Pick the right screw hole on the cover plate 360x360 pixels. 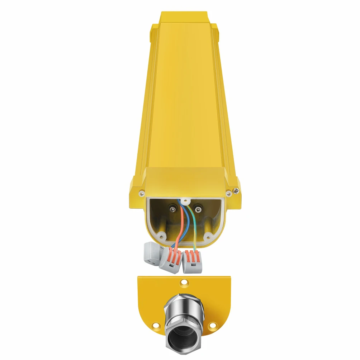coord(213,326)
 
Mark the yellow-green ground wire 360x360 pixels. coord(194,229)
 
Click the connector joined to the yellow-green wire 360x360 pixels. coord(192,261)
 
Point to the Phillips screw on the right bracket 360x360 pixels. coord(236,190)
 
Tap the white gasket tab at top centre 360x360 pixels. coord(185,201)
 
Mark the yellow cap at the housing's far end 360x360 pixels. coord(183,17)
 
